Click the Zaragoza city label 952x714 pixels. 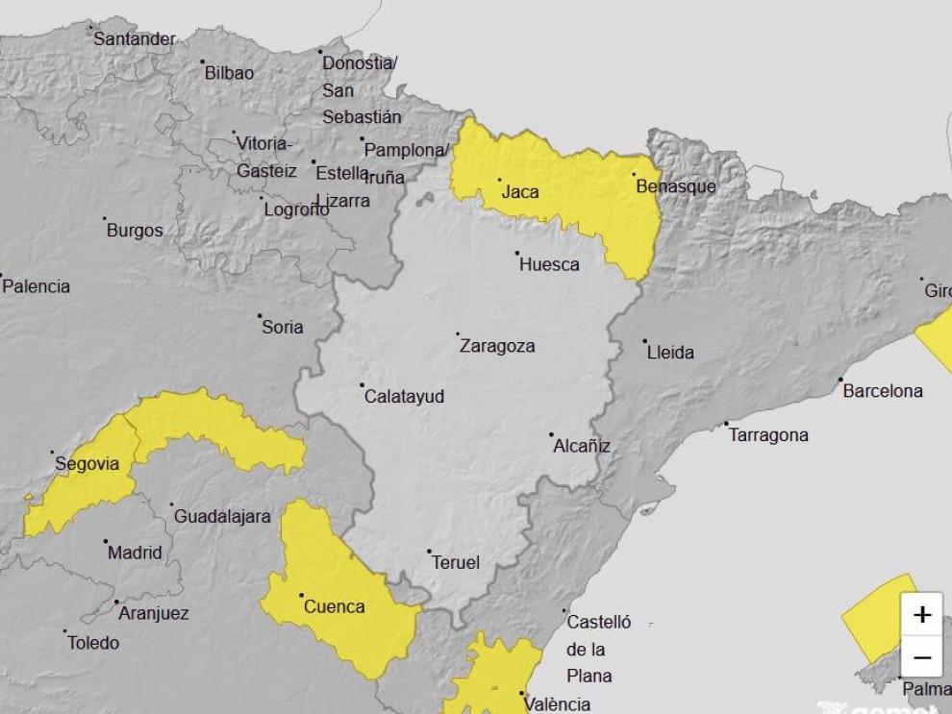coord(497,346)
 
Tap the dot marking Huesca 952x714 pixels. coord(517,254)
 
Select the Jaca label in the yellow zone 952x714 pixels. coord(520,192)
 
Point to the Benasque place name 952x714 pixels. coord(676,186)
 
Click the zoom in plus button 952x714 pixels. coord(922,615)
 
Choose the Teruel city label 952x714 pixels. coord(456,562)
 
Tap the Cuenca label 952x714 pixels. coord(334,606)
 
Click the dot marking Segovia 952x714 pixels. coord(53,452)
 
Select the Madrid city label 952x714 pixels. coord(135,553)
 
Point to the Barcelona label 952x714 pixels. coord(882,391)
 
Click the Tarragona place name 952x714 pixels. coord(768,435)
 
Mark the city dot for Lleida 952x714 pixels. coord(644,341)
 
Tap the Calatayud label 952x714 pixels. coord(404,396)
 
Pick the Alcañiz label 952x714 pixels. coord(582,446)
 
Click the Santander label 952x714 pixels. coord(135,39)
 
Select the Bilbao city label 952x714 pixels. coord(230,73)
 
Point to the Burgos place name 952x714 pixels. coord(135,231)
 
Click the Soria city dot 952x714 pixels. coord(260,315)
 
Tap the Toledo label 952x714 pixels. coord(93,643)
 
